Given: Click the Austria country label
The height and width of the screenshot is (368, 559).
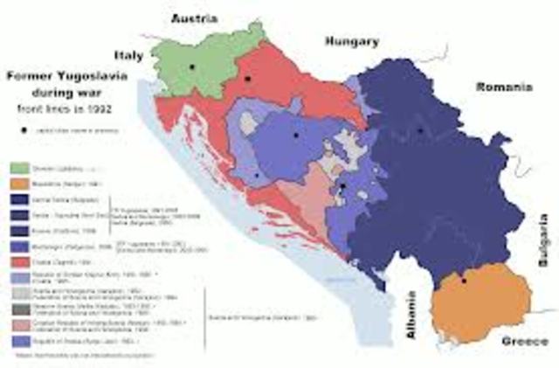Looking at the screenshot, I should point(195,17).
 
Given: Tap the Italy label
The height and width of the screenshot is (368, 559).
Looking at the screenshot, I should point(128,54).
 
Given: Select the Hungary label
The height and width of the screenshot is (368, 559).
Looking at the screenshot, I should point(352,41).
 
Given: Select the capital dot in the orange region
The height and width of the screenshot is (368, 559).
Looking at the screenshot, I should point(465,281).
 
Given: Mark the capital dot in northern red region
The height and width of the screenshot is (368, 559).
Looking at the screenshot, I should point(249,79).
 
